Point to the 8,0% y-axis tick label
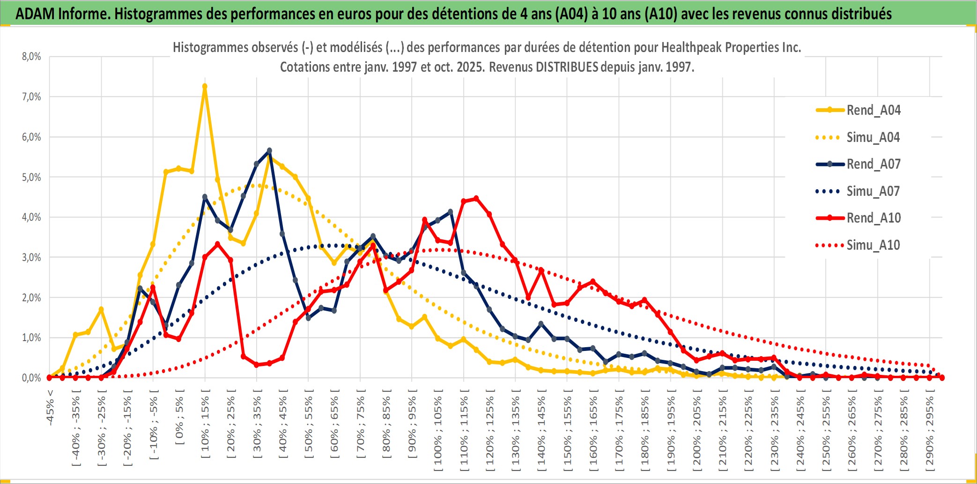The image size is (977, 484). [x=31, y=57]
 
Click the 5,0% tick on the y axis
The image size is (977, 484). [x=31, y=177]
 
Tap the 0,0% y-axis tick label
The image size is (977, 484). [x=31, y=378]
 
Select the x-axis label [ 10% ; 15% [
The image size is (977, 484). [x=205, y=426]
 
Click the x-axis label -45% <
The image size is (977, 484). [x=50, y=408]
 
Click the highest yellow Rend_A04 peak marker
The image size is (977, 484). [x=205, y=86]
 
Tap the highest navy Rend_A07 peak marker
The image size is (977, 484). [x=269, y=151]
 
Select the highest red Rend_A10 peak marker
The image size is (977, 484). [x=476, y=199]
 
